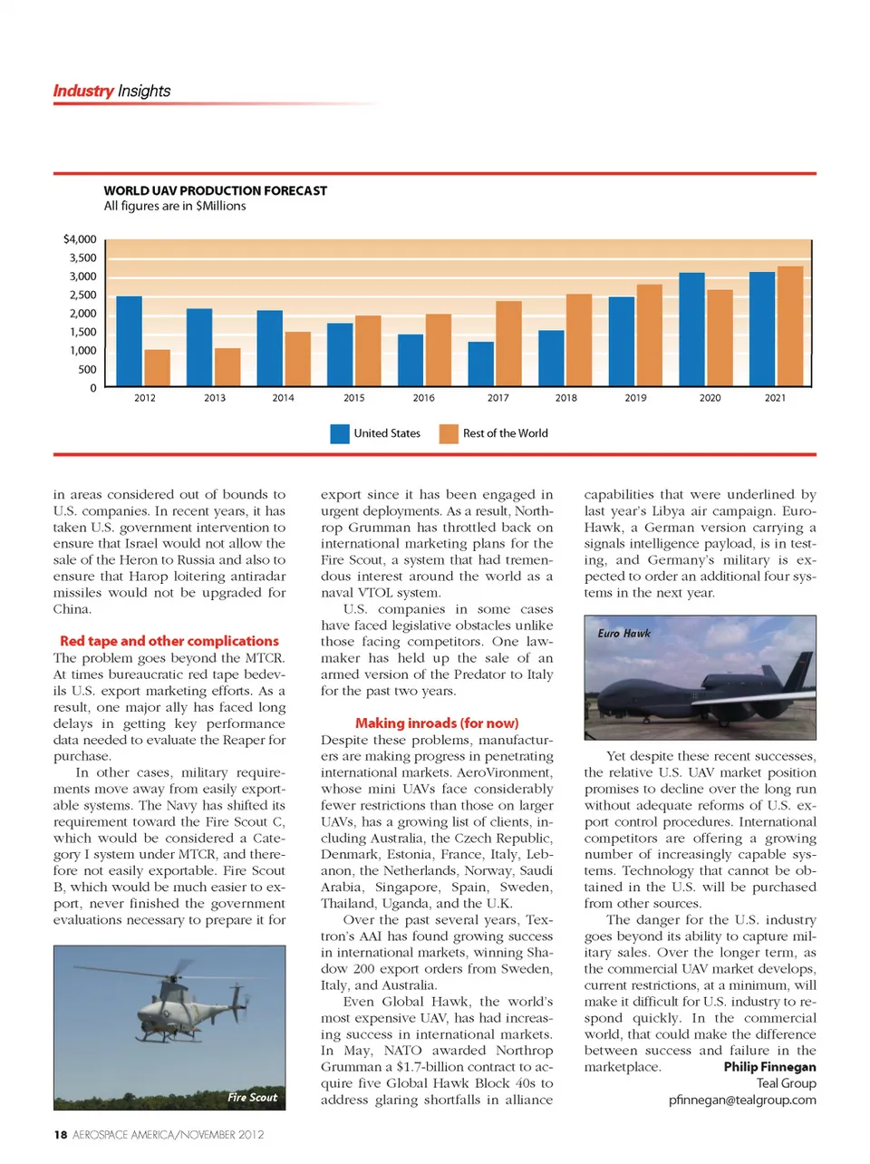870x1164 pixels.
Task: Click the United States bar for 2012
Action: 130,342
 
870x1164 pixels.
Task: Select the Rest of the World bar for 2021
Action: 790,327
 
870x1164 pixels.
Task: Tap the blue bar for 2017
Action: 481,364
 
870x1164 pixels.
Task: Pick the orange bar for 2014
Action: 297,360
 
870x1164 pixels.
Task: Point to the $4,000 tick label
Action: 80,239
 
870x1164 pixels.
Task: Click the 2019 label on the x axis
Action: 636,398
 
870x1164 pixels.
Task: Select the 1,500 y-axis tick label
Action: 82,332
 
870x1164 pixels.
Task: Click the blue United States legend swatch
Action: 340,434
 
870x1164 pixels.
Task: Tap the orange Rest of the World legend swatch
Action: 449,434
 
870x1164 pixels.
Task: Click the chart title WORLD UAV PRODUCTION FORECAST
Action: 216,190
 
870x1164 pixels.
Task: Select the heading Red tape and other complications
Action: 169,641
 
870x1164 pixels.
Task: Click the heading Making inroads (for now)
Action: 437,723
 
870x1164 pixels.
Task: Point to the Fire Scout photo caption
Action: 252,1098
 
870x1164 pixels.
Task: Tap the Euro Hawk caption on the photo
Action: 623,634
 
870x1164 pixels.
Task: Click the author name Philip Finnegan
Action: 769,1067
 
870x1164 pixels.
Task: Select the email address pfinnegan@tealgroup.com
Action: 742,1100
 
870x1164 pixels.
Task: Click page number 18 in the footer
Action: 60,1135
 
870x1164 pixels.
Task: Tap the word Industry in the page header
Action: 82,91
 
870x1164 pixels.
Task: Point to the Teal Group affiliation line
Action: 787,1083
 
